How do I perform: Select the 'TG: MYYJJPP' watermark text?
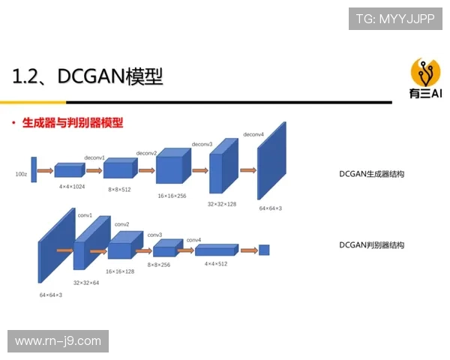coord(395,18)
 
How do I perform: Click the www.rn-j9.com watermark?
coord(58,341)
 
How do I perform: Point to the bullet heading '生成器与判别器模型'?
coord(73,122)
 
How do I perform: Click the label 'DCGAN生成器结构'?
coord(371,174)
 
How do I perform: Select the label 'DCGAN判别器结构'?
coord(371,245)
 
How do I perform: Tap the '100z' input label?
coord(21,173)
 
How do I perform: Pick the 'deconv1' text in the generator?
coord(94,158)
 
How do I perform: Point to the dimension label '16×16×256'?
coord(172,195)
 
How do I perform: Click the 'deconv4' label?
coord(254,134)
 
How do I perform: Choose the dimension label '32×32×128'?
coord(222,203)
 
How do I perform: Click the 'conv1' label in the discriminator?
coord(85,215)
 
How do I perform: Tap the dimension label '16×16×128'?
coord(120,271)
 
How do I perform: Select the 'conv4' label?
coord(193,240)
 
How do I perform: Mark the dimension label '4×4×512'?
coord(216,264)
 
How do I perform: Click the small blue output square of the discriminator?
coord(264,250)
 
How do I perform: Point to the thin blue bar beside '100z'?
coord(34,169)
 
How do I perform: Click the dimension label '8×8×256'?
coord(158,265)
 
